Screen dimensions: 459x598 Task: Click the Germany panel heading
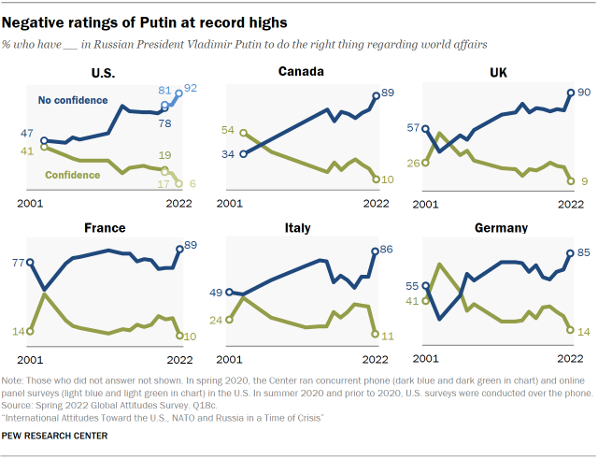pos(500,227)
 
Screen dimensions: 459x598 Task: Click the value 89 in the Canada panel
pos(390,93)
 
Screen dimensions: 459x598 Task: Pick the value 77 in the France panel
pos(18,264)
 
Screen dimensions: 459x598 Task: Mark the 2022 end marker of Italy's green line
pos(374,334)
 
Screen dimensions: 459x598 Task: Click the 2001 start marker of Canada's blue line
pos(243,153)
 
